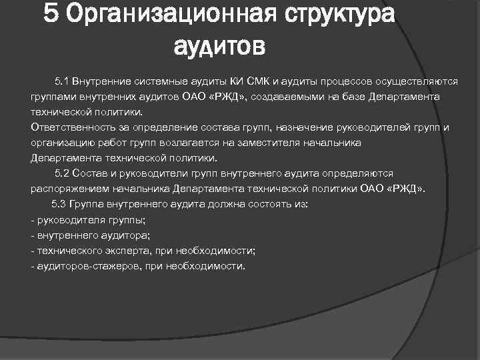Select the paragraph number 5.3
(x=59, y=204)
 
